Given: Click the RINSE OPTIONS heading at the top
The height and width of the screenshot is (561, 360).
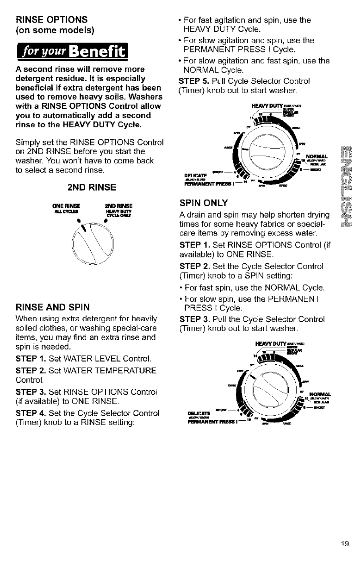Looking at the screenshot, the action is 51,20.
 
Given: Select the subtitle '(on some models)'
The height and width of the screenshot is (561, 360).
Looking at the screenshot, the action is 55,31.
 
